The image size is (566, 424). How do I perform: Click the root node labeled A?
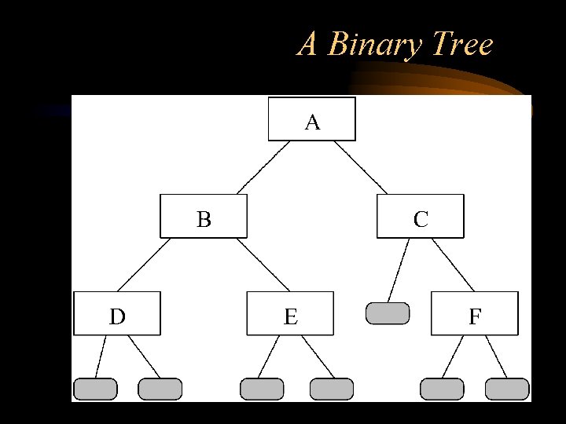[312, 119]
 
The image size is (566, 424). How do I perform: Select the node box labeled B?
[204, 216]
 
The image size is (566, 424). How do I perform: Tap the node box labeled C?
[421, 216]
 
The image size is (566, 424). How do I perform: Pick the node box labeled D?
[117, 313]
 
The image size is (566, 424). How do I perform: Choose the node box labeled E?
[290, 313]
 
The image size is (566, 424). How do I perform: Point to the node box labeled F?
[475, 313]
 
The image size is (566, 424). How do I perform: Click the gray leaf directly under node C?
[388, 313]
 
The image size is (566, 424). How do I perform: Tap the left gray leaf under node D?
[95, 389]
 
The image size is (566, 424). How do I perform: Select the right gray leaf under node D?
[160, 389]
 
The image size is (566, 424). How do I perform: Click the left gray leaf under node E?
[262, 389]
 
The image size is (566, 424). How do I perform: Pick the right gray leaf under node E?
[332, 389]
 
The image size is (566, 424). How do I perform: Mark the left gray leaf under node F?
[442, 389]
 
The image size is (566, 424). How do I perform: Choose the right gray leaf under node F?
[507, 389]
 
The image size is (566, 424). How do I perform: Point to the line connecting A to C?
[360, 168]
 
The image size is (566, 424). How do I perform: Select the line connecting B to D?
[144, 265]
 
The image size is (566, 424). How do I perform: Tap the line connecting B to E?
[263, 265]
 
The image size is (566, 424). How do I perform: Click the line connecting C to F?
[453, 265]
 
